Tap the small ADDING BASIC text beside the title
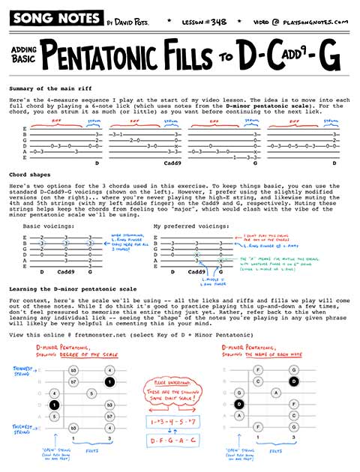[22, 54]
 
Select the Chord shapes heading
[29, 194]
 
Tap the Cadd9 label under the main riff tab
[173, 162]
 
